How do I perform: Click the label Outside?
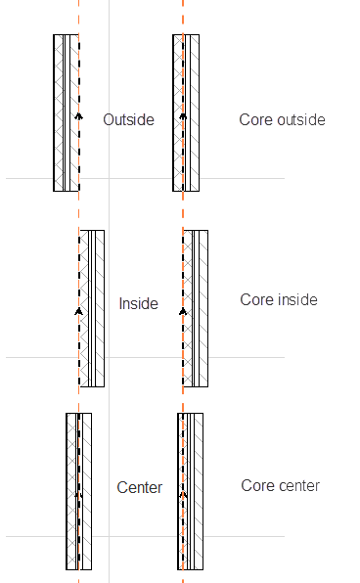click(129, 119)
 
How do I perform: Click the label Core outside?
click(282, 119)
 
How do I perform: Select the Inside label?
click(138, 303)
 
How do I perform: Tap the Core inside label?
click(279, 299)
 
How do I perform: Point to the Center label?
click(139, 487)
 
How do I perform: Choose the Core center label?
click(280, 485)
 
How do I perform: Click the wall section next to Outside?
click(66, 112)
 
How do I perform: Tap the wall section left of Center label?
click(79, 489)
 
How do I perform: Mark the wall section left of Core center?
click(191, 489)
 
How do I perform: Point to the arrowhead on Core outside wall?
click(182, 117)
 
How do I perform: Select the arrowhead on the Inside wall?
click(78, 311)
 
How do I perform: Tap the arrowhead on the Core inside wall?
click(182, 311)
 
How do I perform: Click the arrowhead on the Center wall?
click(78, 495)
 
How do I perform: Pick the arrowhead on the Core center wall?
click(182, 495)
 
